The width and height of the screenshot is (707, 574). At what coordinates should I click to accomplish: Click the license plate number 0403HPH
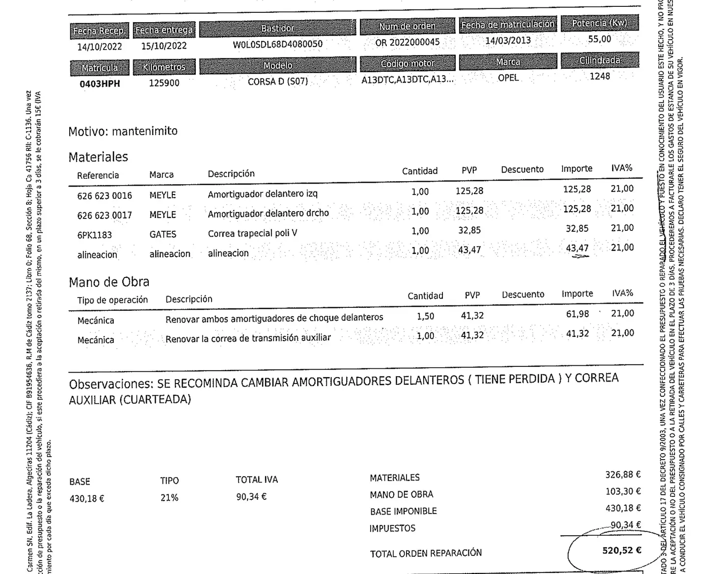100,84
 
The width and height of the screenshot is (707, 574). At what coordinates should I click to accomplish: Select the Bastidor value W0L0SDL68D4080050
277,44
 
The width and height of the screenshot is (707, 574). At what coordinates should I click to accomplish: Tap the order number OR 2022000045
407,43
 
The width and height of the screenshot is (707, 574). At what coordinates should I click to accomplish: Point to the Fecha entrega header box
164,30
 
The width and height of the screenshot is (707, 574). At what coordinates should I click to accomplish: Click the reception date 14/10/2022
100,47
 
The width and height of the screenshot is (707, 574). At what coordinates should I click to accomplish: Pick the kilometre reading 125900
164,83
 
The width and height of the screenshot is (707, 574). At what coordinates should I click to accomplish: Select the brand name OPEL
508,78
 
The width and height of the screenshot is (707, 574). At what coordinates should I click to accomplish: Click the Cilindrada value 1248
599,76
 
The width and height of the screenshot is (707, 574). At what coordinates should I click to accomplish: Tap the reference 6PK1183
95,235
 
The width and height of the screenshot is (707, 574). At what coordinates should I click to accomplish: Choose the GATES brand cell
163,234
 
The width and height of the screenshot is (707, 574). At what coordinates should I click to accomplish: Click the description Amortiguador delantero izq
262,194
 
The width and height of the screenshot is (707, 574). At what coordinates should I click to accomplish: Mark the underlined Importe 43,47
577,248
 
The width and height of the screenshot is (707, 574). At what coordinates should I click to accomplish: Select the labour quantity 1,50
425,317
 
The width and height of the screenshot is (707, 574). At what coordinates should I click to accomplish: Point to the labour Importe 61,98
577,314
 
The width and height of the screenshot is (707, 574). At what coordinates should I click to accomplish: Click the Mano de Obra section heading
109,282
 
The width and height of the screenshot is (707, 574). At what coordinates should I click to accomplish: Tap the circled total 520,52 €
622,550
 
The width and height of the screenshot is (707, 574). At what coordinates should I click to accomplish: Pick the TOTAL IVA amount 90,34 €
251,497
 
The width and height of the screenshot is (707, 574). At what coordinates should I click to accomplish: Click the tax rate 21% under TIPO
169,498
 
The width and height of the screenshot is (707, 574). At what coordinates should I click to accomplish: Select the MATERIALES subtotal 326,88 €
623,475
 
